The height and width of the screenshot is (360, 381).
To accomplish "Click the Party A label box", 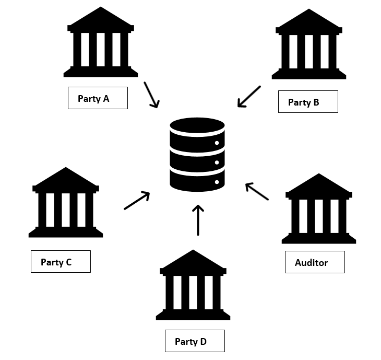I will [x=98, y=98].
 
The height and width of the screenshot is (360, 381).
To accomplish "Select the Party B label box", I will [x=308, y=102].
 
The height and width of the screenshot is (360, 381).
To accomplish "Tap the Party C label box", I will [x=61, y=262].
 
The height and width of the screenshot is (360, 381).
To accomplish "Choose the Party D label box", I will [x=195, y=341].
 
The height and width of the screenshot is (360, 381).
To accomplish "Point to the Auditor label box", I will [x=315, y=262].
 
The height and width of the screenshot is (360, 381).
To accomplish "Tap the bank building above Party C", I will [x=66, y=203].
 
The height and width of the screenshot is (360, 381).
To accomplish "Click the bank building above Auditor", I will [x=319, y=210].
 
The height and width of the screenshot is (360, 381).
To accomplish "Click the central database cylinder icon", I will [x=197, y=155].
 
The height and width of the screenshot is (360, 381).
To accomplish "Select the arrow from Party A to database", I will [x=151, y=95].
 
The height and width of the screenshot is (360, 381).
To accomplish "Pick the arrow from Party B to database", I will [x=249, y=97].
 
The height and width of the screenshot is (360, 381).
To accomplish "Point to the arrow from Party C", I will [x=137, y=201].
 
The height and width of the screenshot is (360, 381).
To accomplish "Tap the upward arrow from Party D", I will [x=197, y=219].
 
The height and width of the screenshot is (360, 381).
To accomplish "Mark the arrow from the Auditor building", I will [x=256, y=191].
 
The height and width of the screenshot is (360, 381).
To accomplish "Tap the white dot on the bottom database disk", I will [x=216, y=182].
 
